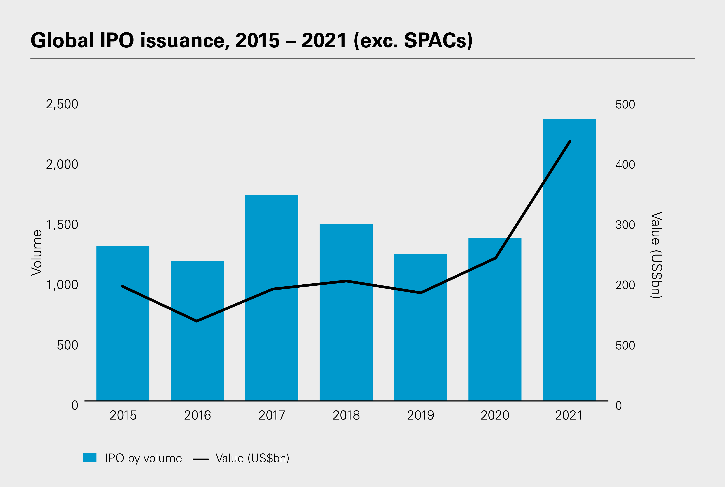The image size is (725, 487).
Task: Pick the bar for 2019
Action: (x=420, y=342)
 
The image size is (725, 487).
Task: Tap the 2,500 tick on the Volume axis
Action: (x=62, y=104)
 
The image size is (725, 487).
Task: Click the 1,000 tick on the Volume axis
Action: (x=62, y=285)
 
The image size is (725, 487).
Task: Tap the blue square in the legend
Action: (x=90, y=457)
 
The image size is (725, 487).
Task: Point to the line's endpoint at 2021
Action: (x=570, y=141)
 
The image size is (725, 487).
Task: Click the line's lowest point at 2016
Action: (x=197, y=321)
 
